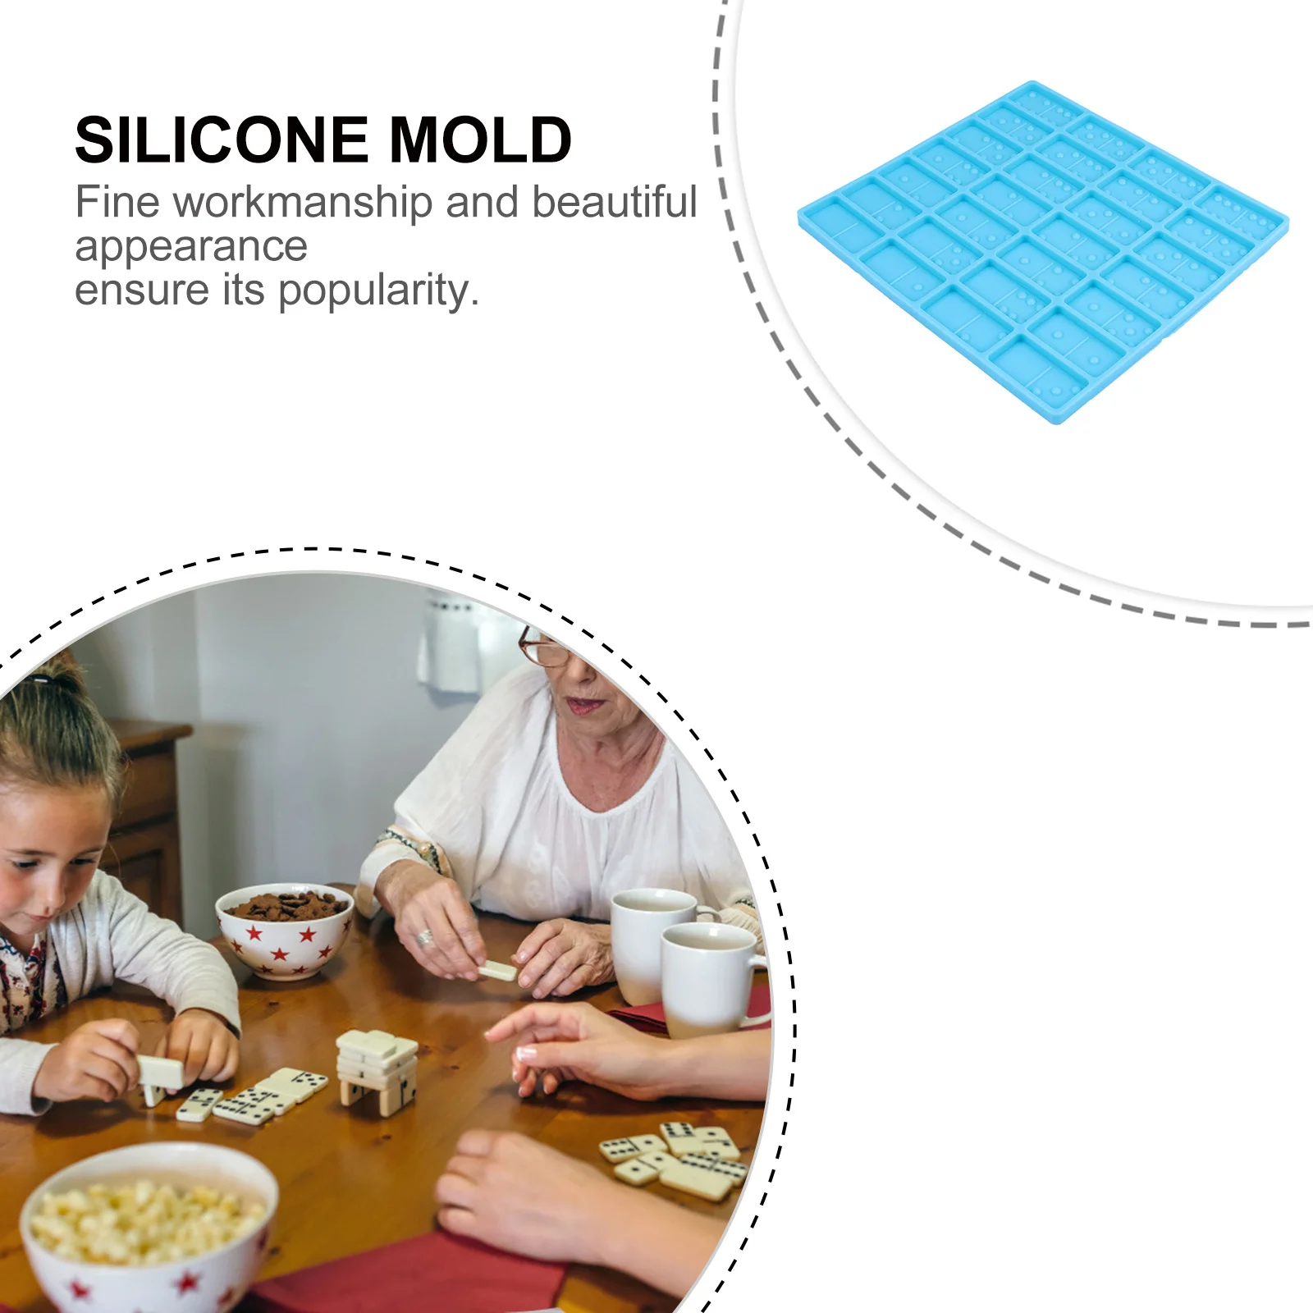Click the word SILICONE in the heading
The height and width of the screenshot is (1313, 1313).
click(x=222, y=140)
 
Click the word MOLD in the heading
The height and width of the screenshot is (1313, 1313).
click(x=480, y=140)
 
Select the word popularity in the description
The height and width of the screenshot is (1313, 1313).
click(x=377, y=291)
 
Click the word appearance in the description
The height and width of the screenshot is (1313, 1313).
click(x=190, y=246)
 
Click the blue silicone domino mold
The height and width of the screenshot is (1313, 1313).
click(x=1042, y=250)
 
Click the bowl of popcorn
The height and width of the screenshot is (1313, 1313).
click(x=148, y=1223)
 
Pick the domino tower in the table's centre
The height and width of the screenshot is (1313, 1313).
click(x=377, y=1071)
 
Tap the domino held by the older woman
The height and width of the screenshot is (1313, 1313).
click(x=497, y=971)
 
